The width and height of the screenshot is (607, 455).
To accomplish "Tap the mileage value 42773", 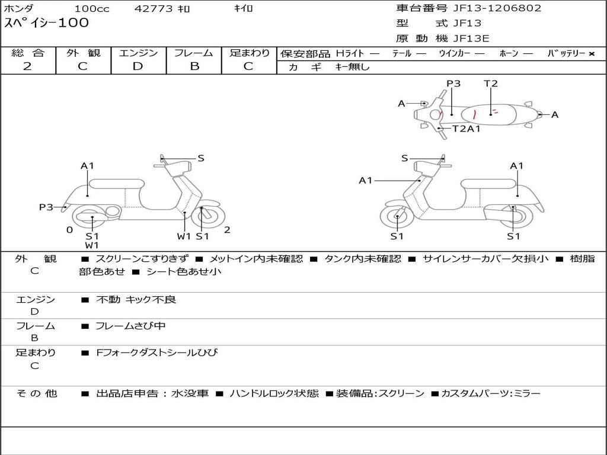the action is (154, 9).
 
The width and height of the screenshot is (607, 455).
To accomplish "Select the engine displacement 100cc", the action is (87, 9).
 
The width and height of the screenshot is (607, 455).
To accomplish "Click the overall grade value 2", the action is (27, 66).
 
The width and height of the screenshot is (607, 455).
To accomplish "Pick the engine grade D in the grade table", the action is (138, 66).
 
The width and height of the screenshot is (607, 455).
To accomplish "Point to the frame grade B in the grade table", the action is (194, 66).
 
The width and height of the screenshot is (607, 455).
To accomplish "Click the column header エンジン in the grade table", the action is (138, 53).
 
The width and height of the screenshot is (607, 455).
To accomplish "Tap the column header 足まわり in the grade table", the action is (250, 53).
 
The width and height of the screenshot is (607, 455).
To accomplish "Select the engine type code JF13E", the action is (471, 39).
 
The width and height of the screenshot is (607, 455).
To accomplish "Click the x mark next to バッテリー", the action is (591, 54).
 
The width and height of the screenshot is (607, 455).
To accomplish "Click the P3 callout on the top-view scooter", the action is (453, 84).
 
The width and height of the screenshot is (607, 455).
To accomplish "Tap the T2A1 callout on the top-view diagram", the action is (467, 129).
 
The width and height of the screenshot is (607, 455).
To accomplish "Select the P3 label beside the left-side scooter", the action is (46, 207).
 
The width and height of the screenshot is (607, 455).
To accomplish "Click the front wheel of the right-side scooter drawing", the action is (397, 218).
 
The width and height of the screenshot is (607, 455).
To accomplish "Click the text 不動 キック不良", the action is (136, 300).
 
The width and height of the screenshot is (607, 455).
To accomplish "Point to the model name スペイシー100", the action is (47, 23).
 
